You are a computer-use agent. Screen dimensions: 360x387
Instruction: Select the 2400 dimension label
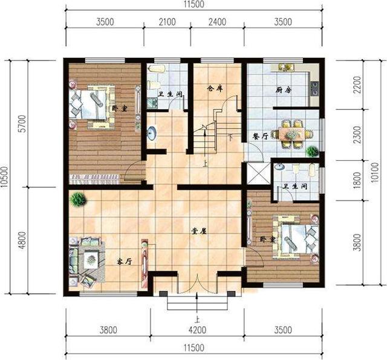[216, 23]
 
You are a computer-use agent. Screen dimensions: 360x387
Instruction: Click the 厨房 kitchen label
[284, 90]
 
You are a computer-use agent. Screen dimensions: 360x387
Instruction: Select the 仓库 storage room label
[215, 88]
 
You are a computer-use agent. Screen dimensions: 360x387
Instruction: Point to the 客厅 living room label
[125, 262]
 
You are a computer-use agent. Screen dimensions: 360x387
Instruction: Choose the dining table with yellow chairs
[293, 133]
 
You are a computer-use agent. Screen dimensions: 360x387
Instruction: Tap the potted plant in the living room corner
[76, 198]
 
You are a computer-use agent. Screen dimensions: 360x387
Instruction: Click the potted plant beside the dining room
[312, 151]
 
